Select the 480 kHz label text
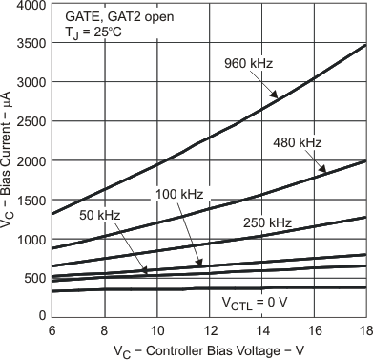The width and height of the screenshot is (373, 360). click(x=300, y=143)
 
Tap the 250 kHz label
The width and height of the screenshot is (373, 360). click(x=266, y=222)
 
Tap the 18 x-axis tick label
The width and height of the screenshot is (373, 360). click(x=365, y=328)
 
